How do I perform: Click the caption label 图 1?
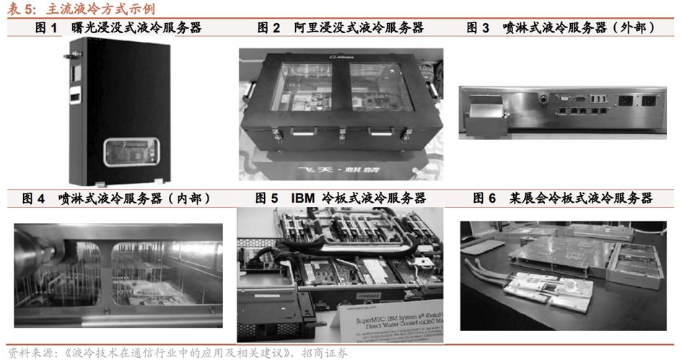tap(47, 28)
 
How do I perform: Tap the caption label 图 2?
tap(268, 28)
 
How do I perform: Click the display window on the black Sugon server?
tap(128, 153)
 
